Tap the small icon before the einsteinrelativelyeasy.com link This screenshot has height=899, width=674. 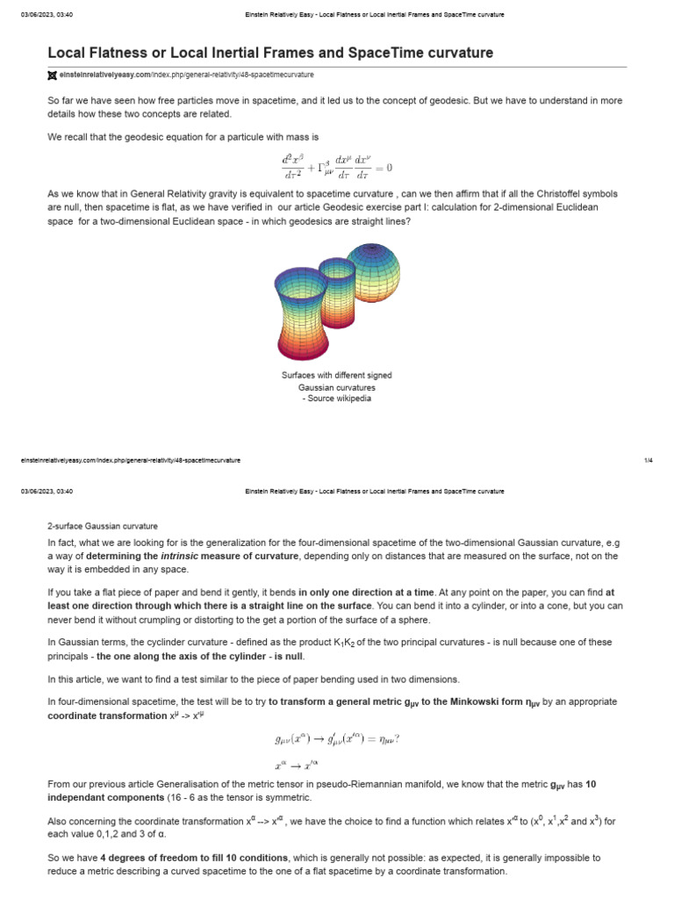pos(52,76)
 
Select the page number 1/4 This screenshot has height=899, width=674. pos(648,460)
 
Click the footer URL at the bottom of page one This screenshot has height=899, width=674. pos(130,460)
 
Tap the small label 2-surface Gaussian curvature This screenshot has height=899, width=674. pos(102,526)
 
